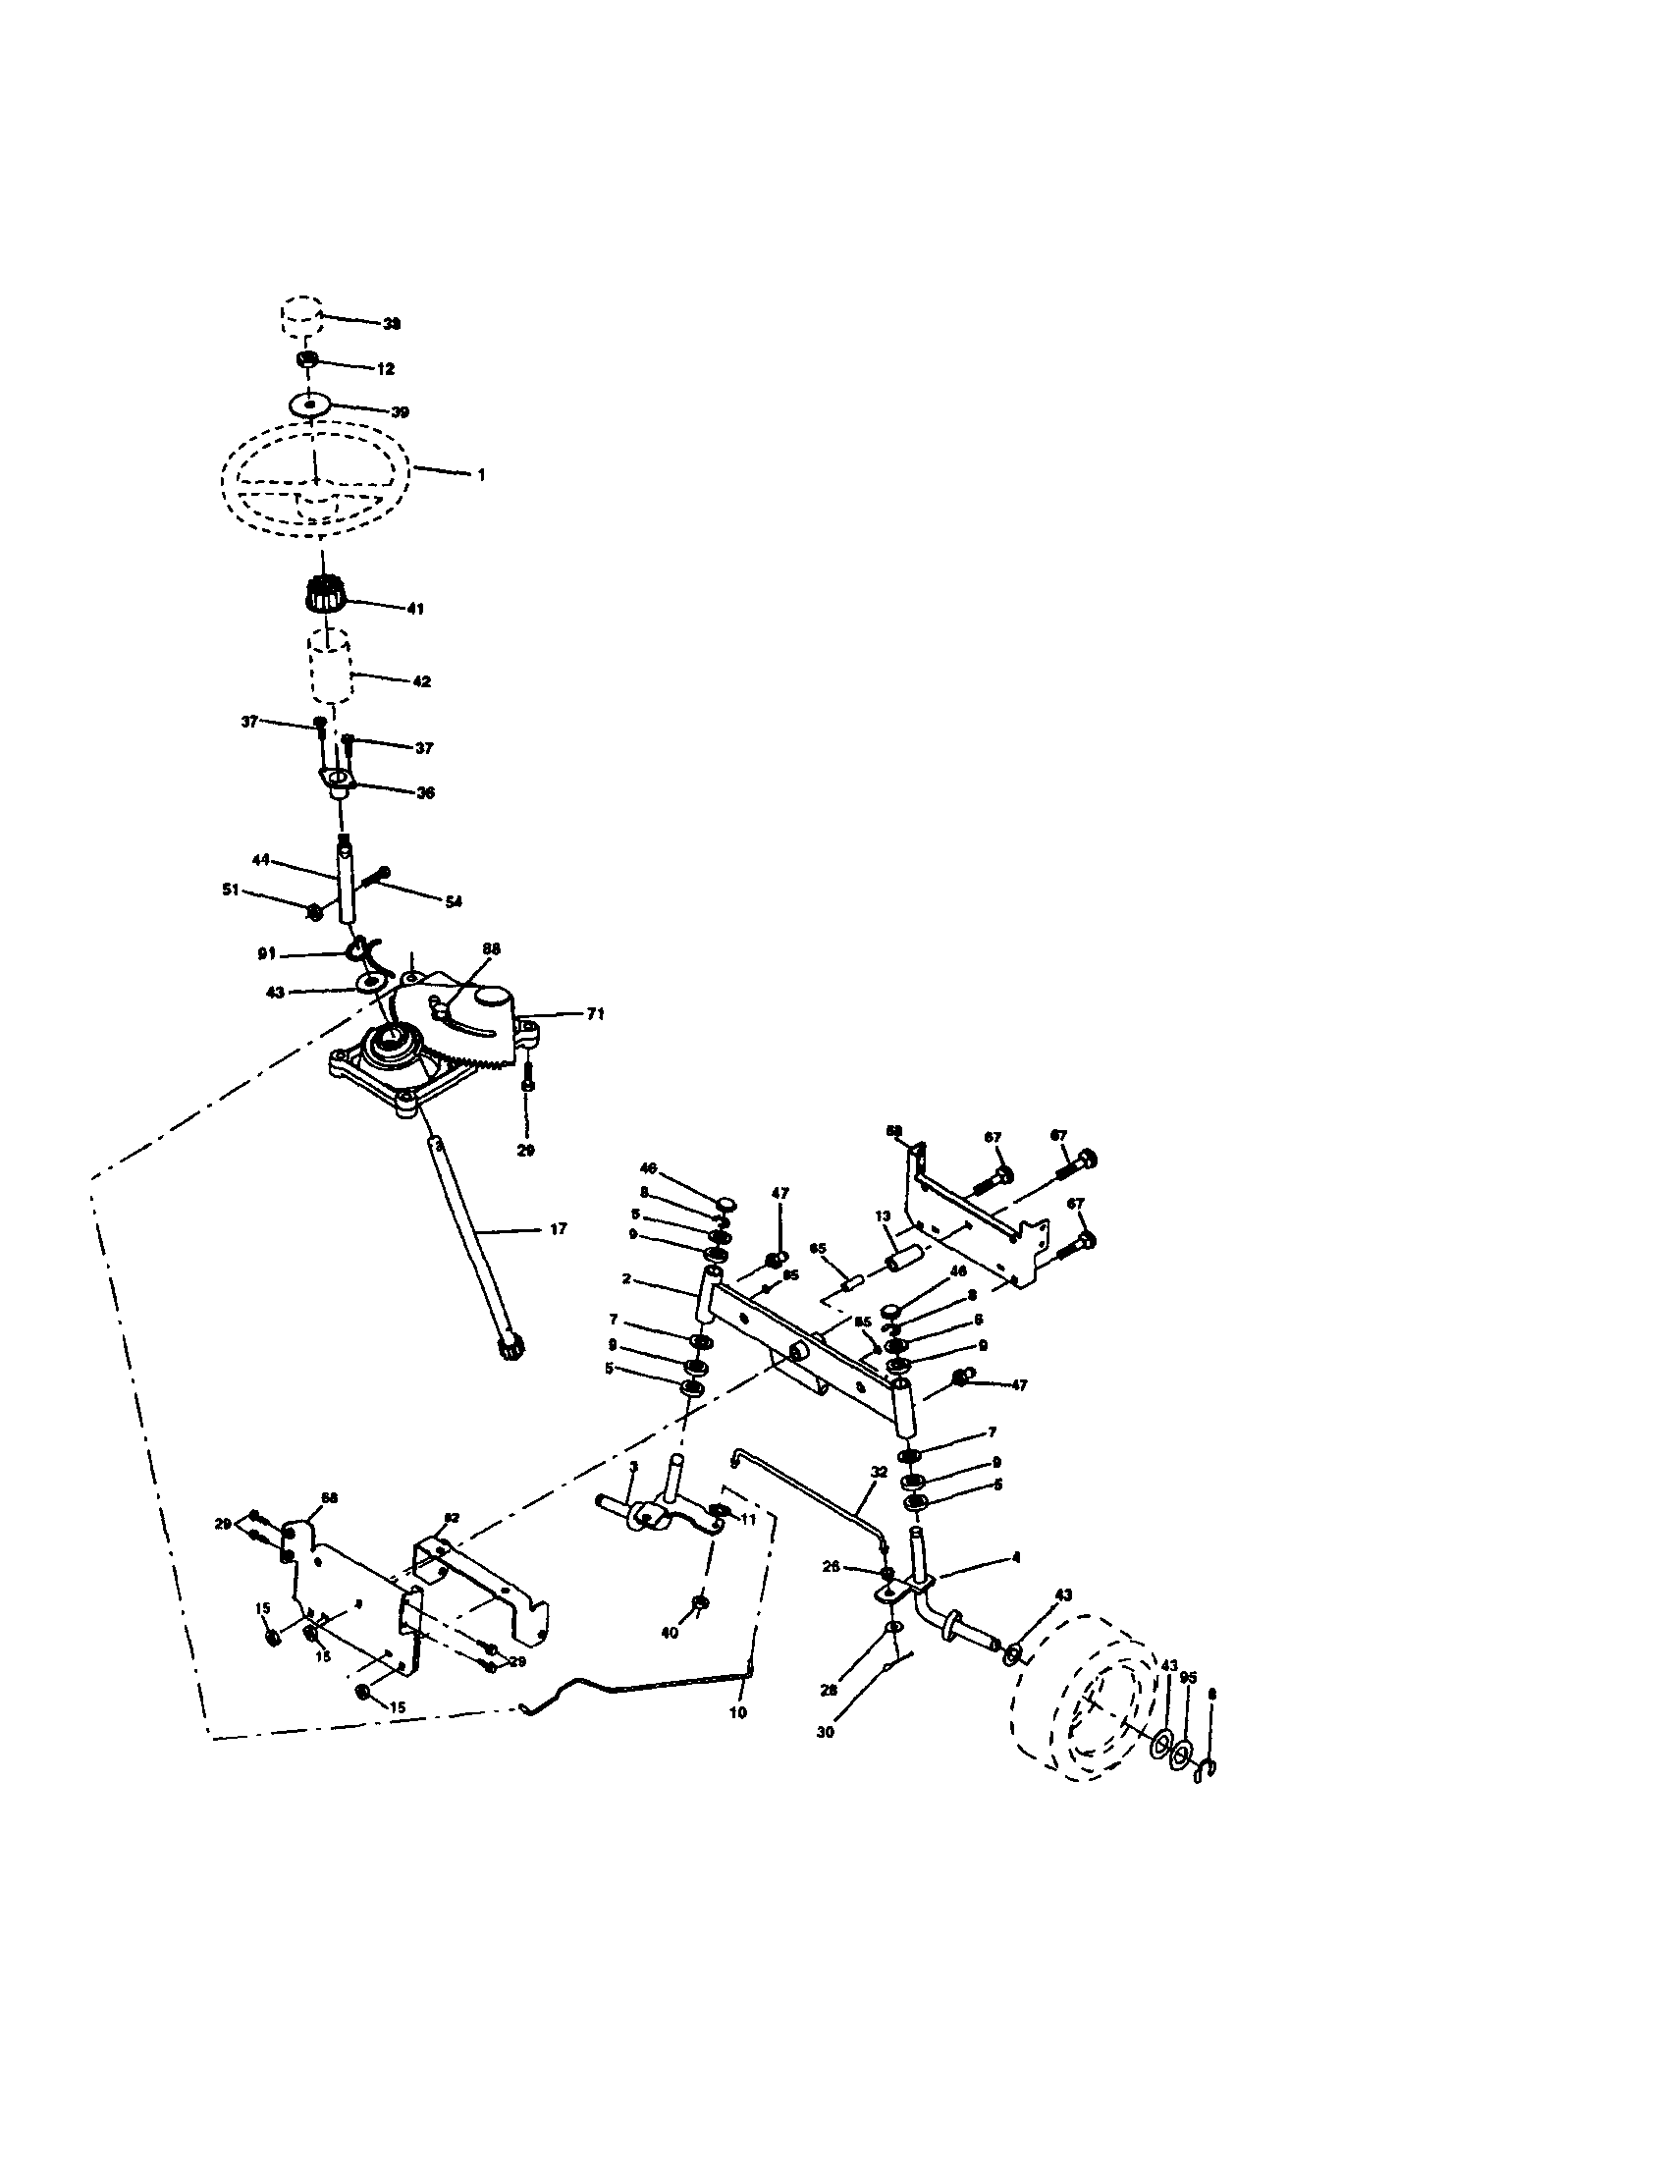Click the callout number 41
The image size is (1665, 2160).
pyautogui.click(x=415, y=610)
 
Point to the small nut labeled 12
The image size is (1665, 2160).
pyautogui.click(x=307, y=361)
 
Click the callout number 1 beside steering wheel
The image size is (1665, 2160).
pyautogui.click(x=481, y=475)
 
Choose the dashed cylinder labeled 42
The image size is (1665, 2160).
pyautogui.click(x=330, y=671)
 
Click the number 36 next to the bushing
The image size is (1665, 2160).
pyautogui.click(x=425, y=792)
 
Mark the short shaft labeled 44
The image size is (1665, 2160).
pyautogui.click(x=346, y=881)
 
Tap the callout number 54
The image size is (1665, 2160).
pyautogui.click(x=454, y=901)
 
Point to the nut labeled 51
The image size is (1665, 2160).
pyautogui.click(x=313, y=912)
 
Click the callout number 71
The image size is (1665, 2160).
pyautogui.click(x=595, y=1014)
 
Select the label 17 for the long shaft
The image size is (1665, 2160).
pyautogui.click(x=559, y=1228)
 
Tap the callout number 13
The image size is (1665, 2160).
pyautogui.click(x=883, y=1215)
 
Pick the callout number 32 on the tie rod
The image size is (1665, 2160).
pyautogui.click(x=879, y=1471)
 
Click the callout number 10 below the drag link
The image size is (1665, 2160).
pyautogui.click(x=738, y=1712)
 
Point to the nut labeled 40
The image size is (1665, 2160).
pyautogui.click(x=700, y=1601)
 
